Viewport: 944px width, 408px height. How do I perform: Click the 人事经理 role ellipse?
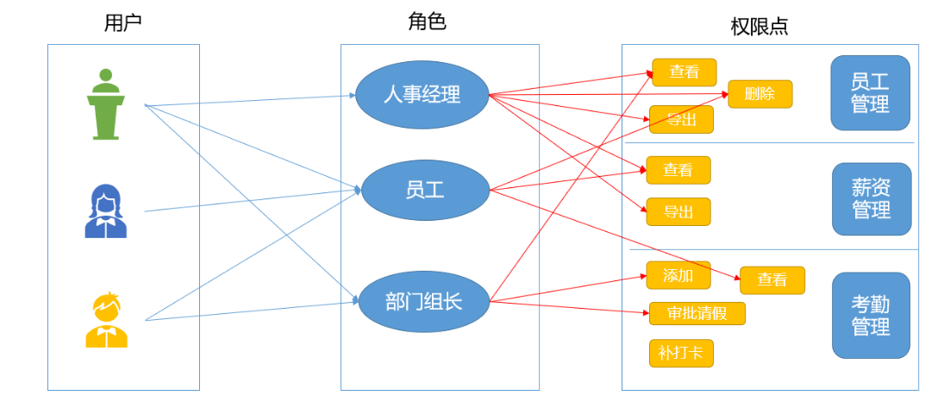tap(422, 95)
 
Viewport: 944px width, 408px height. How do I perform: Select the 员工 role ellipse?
tap(424, 190)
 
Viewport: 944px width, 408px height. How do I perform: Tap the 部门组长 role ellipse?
tap(422, 301)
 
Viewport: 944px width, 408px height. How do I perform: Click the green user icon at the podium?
tap(106, 104)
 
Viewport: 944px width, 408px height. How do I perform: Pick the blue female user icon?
tap(105, 211)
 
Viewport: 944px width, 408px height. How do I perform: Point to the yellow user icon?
tap(107, 320)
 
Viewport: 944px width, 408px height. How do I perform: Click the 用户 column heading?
tap(122, 23)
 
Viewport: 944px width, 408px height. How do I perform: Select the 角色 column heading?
tap(427, 22)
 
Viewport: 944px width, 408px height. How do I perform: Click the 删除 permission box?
tap(760, 94)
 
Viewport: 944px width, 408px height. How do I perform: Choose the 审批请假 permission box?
tap(697, 313)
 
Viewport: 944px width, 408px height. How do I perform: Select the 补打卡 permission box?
tap(680, 353)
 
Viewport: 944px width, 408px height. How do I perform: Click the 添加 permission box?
tap(678, 275)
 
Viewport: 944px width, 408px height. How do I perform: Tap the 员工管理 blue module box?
tap(870, 93)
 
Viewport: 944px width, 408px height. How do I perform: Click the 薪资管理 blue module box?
tap(871, 198)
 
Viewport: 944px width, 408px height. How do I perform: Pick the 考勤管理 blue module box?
tap(870, 316)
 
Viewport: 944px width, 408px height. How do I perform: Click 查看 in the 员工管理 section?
tap(684, 72)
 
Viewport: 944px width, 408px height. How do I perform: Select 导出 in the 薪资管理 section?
tap(678, 211)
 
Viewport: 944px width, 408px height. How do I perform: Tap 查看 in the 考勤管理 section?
tap(772, 280)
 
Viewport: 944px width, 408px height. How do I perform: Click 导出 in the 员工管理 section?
tap(681, 119)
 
